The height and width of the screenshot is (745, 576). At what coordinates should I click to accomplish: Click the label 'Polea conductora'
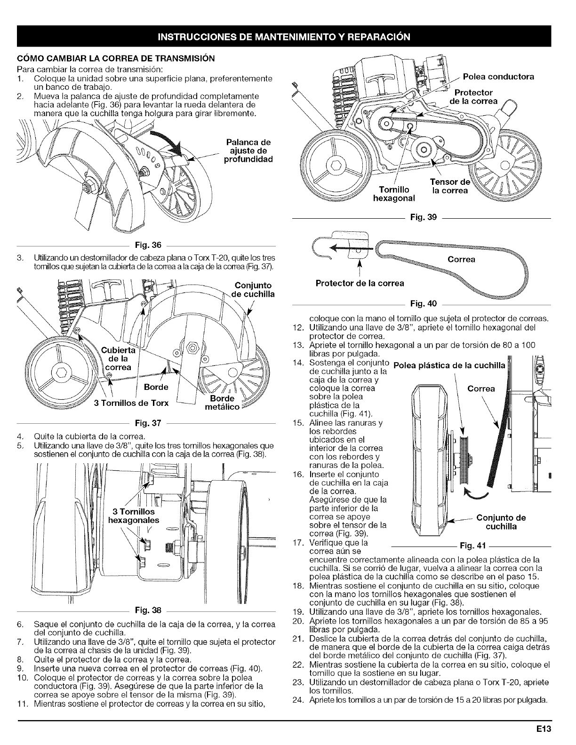click(x=498, y=77)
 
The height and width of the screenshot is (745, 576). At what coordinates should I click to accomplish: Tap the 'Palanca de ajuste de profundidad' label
click(x=249, y=151)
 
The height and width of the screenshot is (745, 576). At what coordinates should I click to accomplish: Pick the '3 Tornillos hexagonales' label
click(x=134, y=515)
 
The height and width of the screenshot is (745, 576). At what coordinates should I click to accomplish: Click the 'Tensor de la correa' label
click(x=450, y=186)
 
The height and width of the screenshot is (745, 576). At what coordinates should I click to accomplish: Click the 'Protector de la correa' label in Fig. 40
click(x=360, y=283)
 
